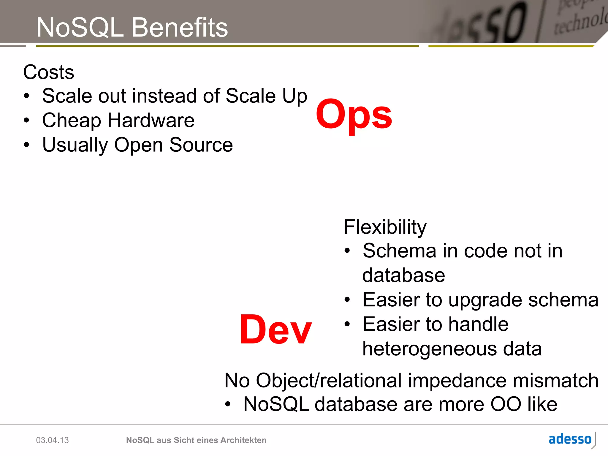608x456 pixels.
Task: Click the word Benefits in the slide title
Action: (179, 27)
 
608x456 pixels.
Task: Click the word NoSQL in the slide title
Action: (80, 27)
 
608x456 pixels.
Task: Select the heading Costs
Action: (49, 72)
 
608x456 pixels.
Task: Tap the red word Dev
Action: (275, 330)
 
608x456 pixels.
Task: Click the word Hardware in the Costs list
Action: (151, 121)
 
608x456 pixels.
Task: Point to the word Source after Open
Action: (201, 145)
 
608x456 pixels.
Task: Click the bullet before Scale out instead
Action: (27, 96)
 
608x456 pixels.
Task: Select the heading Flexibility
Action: (385, 227)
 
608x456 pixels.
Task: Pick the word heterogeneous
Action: (430, 349)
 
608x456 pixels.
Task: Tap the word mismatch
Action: (555, 380)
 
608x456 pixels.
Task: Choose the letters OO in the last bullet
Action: (506, 404)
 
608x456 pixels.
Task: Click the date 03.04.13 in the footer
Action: (52, 440)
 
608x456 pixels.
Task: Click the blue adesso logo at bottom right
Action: (570, 439)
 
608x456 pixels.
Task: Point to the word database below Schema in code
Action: (403, 275)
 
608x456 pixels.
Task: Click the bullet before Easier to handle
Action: (347, 324)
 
